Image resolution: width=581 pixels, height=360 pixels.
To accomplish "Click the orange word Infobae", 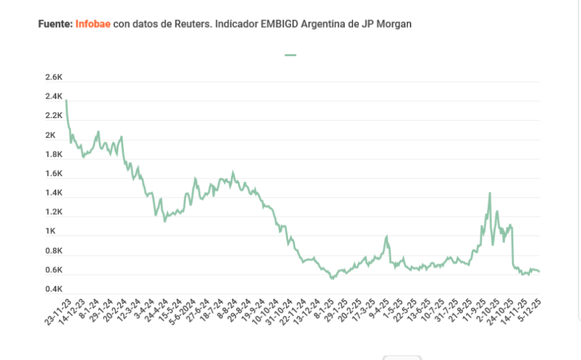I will tap(93, 24).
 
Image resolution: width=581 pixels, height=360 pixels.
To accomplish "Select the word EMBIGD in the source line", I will tap(281, 24).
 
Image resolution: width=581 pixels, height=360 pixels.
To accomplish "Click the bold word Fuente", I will tap(55, 24).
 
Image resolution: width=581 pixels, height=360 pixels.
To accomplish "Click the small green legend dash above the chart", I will tap(290, 55).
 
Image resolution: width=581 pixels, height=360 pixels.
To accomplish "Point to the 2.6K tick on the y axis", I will tap(54, 77).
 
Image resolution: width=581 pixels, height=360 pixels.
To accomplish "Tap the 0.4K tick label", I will tap(54, 289).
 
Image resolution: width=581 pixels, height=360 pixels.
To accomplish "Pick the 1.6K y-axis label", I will tap(54, 174).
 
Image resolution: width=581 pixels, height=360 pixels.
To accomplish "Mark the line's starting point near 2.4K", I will tap(66, 101).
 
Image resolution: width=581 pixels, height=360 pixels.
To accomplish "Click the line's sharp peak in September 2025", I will tap(490, 193).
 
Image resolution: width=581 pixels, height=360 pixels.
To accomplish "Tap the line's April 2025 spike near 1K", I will tap(387, 237).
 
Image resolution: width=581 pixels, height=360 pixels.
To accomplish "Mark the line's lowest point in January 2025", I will tap(332, 278).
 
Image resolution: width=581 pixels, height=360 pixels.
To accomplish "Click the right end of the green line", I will tap(540, 272).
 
